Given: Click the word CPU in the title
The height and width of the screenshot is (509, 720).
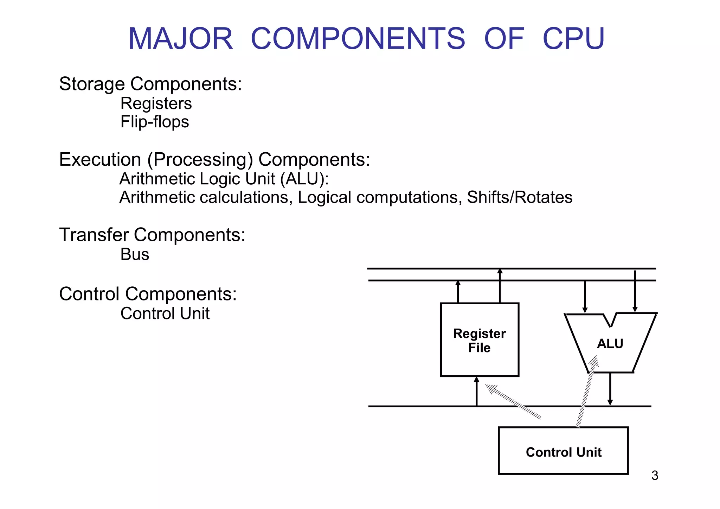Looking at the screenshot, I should tap(573, 38).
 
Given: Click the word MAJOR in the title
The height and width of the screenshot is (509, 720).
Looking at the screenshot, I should tap(181, 38).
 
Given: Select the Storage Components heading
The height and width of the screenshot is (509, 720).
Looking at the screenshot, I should tap(150, 84).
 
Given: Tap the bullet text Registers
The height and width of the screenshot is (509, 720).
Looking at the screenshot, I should tap(156, 103).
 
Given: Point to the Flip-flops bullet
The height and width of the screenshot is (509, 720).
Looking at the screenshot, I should tap(155, 122).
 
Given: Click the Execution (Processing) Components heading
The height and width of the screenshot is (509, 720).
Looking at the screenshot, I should tap(214, 159).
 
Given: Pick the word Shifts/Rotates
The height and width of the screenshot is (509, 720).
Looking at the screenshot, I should tap(520, 197).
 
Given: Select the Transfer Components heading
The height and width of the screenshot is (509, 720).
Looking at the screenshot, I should tap(152, 235).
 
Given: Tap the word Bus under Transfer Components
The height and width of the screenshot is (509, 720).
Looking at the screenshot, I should tap(135, 254).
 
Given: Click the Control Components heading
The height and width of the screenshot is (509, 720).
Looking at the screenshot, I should tap(148, 294).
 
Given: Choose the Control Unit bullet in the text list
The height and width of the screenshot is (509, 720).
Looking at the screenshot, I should tap(165, 313).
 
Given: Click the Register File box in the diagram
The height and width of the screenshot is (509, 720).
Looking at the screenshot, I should tap(480, 340).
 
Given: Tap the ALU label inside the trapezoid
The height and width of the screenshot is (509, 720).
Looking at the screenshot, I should tap(610, 344).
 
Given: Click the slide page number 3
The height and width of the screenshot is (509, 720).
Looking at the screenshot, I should tap(655, 476).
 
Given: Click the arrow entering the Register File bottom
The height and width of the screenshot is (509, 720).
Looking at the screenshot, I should tap(477, 392).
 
